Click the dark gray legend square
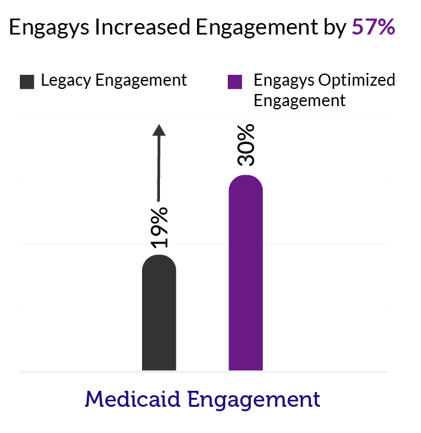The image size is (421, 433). [x=28, y=81]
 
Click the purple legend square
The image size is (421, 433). [x=235, y=81]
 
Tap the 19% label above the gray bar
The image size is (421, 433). [x=159, y=228]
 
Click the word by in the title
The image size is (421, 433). [x=335, y=28]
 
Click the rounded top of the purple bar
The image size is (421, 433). [x=246, y=181]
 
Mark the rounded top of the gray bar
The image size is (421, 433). [x=159, y=261]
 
